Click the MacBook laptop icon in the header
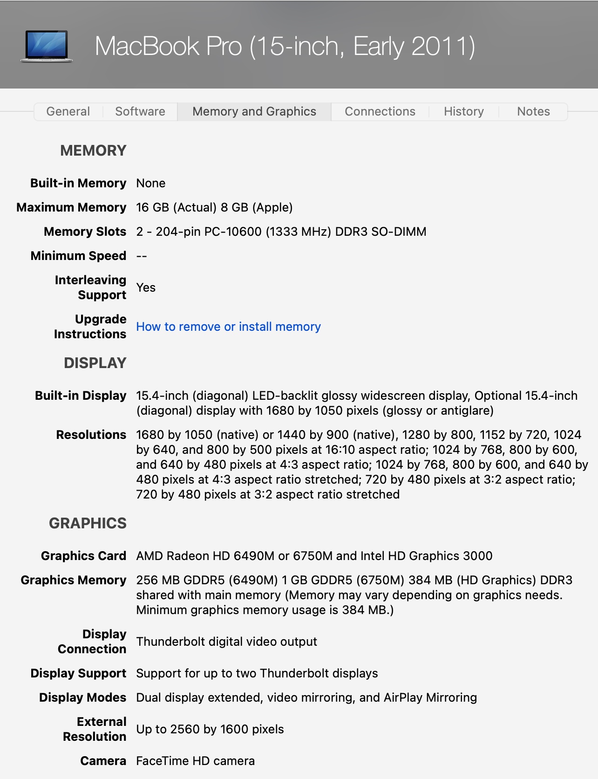tap(47, 46)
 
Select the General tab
tap(68, 112)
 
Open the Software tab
tap(140, 112)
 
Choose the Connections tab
tap(380, 112)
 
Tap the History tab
tap(463, 112)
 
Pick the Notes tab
tap(533, 112)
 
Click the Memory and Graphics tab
tap(254, 112)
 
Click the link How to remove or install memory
tap(228, 327)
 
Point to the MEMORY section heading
tap(93, 150)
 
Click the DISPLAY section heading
tap(95, 363)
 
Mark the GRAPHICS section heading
tap(88, 523)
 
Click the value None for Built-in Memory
tap(150, 183)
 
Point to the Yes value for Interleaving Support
tap(146, 287)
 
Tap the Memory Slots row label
tap(85, 232)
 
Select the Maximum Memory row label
tap(71, 207)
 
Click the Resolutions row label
tap(91, 435)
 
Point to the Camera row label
tap(103, 761)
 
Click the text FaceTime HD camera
tap(195, 761)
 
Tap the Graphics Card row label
tap(83, 556)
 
